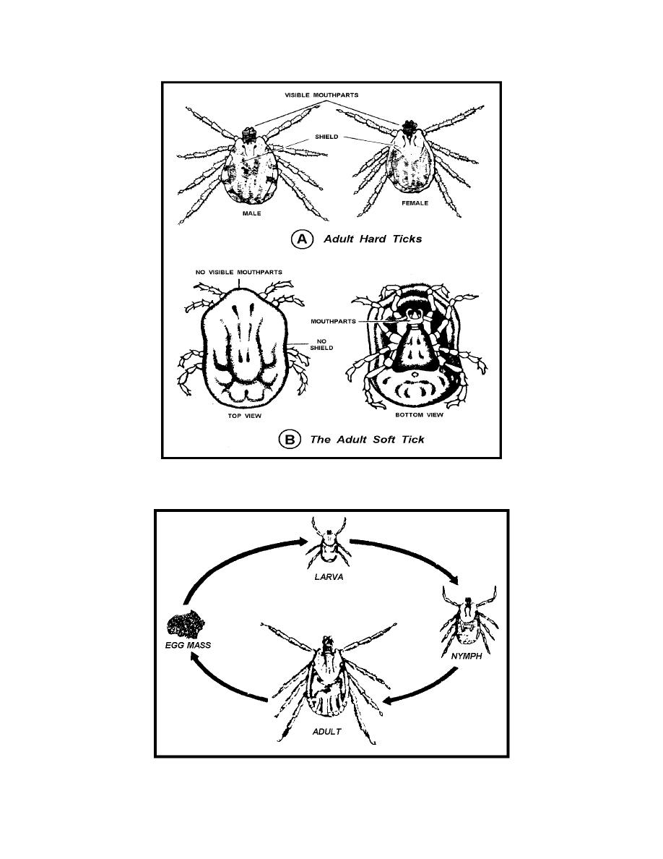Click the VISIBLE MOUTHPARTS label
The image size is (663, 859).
coord(321,95)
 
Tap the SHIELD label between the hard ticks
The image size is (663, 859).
coord(326,137)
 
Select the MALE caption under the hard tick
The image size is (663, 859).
coord(251,213)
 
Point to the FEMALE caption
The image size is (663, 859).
coord(415,203)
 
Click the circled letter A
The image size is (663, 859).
coord(301,239)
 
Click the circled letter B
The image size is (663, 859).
coord(290,440)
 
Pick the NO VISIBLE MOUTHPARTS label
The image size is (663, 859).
coord(239,273)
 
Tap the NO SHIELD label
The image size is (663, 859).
coord(321,345)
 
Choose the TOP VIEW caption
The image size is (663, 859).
coord(245,416)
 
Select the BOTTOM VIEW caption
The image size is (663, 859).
coord(419,415)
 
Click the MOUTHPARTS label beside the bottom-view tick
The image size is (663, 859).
coord(333,322)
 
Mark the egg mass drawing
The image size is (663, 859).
coord(186,624)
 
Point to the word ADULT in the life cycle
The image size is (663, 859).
coord(326,732)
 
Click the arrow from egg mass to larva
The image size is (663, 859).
coord(236,559)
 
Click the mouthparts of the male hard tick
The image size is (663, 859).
coord(250,133)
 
